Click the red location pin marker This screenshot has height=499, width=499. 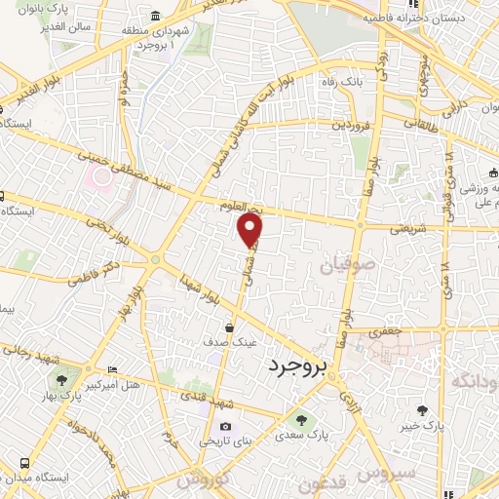tap(251, 229)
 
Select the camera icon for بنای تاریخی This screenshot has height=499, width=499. tap(226, 426)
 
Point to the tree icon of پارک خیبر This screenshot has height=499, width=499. tap(422, 410)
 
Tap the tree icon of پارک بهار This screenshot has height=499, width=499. tap(62, 381)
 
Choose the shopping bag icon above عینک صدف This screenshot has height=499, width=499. tap(229, 327)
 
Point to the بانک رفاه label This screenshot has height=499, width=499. tap(343, 82)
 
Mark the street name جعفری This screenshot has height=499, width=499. tap(384, 332)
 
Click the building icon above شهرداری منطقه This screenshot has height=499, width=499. tap(156, 17)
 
